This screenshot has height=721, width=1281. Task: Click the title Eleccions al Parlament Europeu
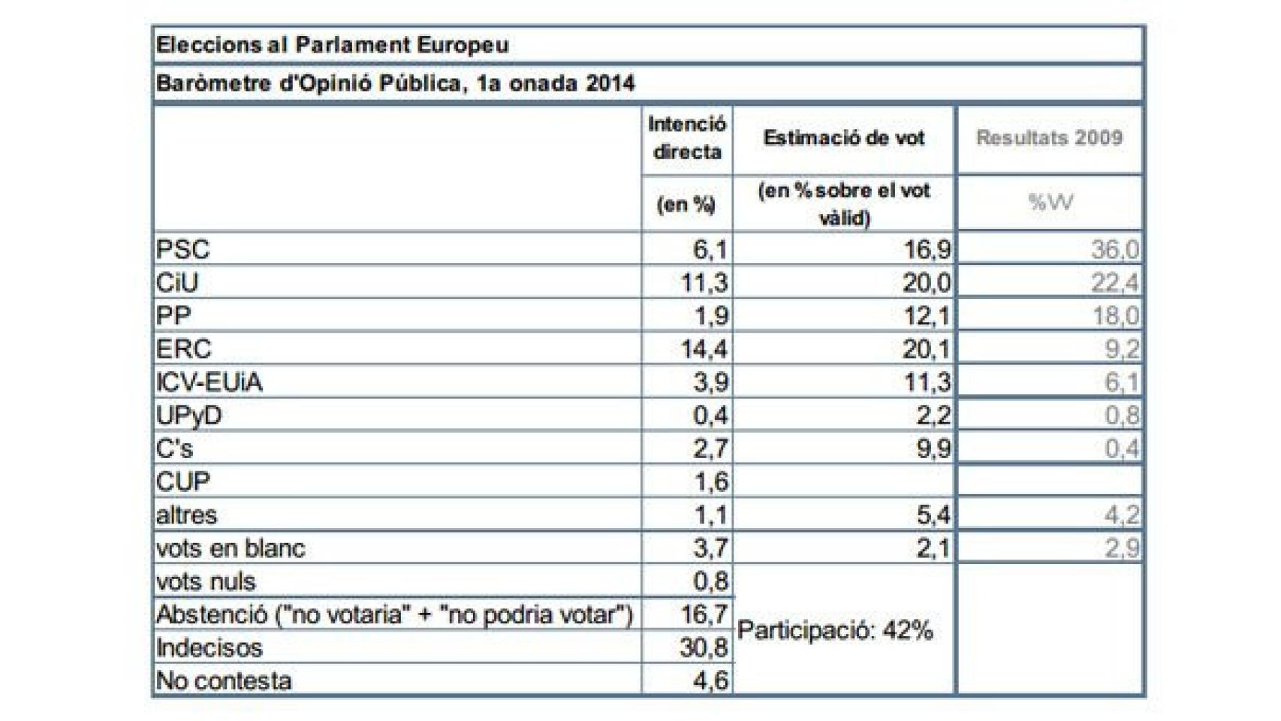click(332, 45)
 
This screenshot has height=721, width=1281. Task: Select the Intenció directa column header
click(687, 138)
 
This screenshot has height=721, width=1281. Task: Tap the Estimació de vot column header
click(844, 138)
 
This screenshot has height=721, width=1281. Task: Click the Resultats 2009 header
click(1049, 138)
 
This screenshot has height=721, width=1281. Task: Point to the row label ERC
click(184, 349)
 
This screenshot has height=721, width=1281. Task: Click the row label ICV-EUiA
click(209, 382)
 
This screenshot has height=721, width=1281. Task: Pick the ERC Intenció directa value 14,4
click(704, 349)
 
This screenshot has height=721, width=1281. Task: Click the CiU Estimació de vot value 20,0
click(927, 283)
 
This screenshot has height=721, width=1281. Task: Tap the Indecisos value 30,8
click(704, 647)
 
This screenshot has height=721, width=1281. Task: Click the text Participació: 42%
click(835, 630)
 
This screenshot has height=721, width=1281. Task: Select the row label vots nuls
click(206, 581)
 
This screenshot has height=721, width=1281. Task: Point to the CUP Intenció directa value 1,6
click(711, 481)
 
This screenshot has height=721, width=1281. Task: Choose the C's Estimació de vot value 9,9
click(933, 448)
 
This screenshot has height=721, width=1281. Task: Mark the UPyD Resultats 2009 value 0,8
click(1122, 415)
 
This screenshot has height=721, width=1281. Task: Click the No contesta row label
click(224, 680)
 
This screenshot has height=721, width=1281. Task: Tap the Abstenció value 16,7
click(704, 614)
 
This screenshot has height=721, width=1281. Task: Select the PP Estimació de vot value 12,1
click(927, 316)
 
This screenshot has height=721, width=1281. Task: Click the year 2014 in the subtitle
click(610, 83)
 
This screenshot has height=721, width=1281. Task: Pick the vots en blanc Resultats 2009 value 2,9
click(1122, 548)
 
